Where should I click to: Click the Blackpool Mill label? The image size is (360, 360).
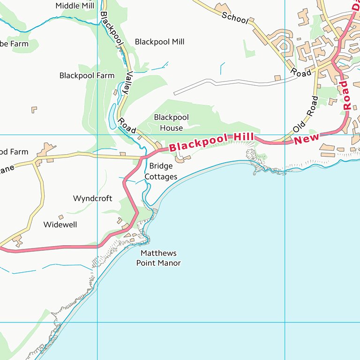(x=159, y=42)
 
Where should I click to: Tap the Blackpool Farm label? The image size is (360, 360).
(x=87, y=75)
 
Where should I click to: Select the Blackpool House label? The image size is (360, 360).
(x=171, y=122)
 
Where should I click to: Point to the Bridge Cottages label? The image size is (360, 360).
(x=161, y=171)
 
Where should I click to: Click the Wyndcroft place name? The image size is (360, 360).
(x=92, y=198)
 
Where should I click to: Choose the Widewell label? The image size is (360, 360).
(x=60, y=225)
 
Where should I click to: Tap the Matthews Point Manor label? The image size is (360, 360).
(x=158, y=258)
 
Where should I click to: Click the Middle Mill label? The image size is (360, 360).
(x=75, y=6)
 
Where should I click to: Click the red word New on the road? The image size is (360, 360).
(x=307, y=138)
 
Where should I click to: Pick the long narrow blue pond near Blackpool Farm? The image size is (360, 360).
(x=112, y=116)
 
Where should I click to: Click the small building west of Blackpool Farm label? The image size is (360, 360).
(x=34, y=109)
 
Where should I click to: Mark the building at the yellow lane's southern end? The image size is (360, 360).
(x=18, y=241)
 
